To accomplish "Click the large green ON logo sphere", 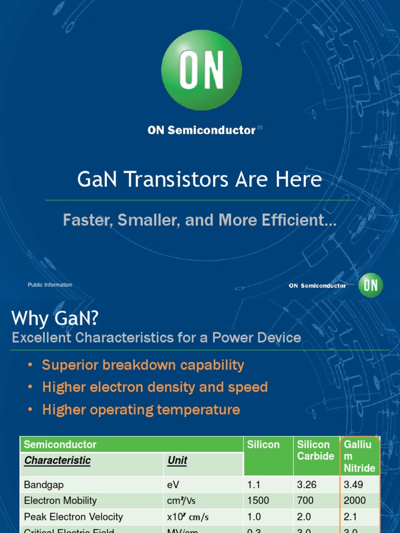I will [201, 70].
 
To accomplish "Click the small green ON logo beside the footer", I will [370, 285].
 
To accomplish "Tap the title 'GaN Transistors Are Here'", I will [199, 180].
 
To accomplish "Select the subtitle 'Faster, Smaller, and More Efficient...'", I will [199, 220].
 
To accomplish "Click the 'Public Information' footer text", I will [50, 285].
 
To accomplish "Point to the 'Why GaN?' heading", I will [55, 317].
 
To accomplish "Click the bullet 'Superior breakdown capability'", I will [143, 365].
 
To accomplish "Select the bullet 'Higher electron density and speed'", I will [155, 387].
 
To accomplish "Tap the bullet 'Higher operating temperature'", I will [141, 410].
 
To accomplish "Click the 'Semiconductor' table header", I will [60, 445].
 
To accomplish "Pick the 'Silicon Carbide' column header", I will [315, 450].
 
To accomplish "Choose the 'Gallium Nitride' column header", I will [359, 456].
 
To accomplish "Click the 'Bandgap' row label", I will [44, 485].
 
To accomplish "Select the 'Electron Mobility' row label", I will [60, 501].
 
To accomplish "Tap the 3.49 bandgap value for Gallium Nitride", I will [354, 485].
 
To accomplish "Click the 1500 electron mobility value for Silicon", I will [258, 501].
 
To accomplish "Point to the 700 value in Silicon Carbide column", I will [305, 501].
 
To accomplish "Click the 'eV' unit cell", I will [173, 485].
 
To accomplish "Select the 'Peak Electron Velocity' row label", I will [73, 517].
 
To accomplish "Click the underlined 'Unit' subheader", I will [177, 461].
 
